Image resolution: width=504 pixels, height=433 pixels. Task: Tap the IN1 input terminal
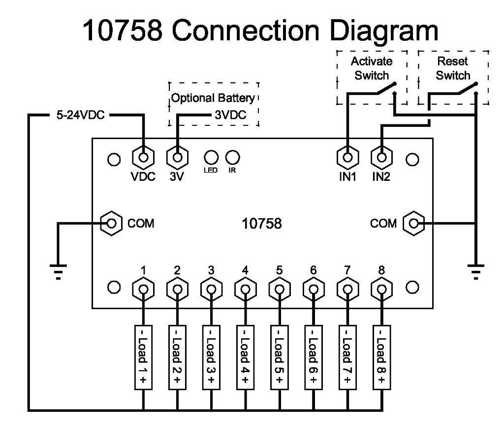point(347,158)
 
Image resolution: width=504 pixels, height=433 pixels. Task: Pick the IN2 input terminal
point(381,158)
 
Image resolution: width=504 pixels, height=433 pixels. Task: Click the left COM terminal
point(112,224)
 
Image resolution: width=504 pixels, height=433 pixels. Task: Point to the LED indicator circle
point(211,157)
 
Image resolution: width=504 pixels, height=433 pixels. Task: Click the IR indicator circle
point(232,157)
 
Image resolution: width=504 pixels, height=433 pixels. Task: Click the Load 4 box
point(245,357)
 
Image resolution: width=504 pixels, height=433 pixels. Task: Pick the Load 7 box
point(347,357)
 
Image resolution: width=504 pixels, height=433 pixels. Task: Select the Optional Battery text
point(213,98)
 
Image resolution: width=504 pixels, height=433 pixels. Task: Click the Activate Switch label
point(372,69)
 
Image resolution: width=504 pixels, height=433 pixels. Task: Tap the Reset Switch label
point(453,69)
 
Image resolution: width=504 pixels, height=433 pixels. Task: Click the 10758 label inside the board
point(262,224)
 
